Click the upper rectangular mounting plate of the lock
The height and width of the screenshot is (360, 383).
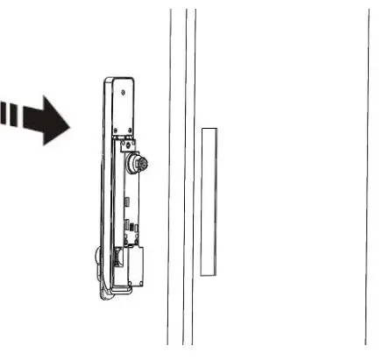pyautogui.click(x=124, y=109)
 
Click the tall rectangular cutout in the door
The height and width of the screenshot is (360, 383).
pyautogui.click(x=209, y=201)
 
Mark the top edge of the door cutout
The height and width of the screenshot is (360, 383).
pyautogui.click(x=209, y=128)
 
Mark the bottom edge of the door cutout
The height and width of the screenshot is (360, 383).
pyautogui.click(x=209, y=274)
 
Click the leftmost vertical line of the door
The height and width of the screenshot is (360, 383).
pyautogui.click(x=169, y=175)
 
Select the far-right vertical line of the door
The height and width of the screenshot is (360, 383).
pyautogui.click(x=369, y=175)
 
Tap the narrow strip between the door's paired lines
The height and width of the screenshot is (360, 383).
pyautogui.click(x=189, y=175)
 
